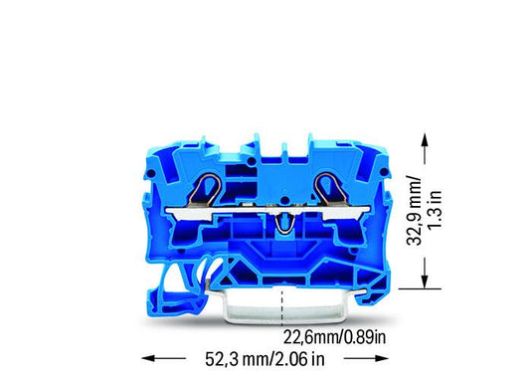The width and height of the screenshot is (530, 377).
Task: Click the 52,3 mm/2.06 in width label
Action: pos(265,359)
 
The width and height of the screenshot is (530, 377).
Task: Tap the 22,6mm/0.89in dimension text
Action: pos(334,337)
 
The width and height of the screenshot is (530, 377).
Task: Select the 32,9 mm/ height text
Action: pos(415,211)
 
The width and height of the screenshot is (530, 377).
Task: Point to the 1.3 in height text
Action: pos(435,210)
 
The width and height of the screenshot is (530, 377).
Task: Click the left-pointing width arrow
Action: pos(164,358)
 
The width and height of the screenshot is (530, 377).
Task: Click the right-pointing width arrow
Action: pos(366,358)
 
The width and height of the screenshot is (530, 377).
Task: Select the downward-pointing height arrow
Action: pos(426,273)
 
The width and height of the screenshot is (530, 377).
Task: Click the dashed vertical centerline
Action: pos(282,306)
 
